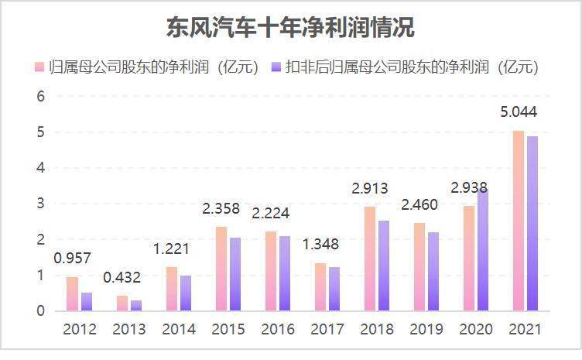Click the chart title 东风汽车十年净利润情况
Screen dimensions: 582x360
pos(291,27)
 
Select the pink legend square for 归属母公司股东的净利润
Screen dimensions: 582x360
pos(39,67)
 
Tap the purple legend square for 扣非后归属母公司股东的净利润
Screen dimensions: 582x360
pos(276,67)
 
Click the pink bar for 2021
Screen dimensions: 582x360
pos(519,221)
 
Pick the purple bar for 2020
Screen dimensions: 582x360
pos(483,250)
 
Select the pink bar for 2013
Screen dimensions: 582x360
pos(122,303)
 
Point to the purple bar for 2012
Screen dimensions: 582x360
pos(87,302)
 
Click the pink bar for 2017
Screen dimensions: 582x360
pos(320,287)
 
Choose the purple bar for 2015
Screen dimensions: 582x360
pos(235,274)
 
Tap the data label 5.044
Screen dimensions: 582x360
pos(519,111)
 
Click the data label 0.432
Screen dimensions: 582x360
pos(122,277)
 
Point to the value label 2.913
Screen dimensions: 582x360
pos(370,189)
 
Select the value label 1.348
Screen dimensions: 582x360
pos(320,244)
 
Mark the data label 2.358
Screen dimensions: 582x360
pos(221,208)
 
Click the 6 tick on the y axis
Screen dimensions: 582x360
pos(40,97)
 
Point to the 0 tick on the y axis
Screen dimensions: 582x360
pos(40,311)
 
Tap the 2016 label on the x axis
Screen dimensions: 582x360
pos(278,329)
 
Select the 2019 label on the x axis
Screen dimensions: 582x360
pos(426,329)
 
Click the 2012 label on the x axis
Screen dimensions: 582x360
pos(80,329)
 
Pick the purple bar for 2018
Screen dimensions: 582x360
pos(384,266)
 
